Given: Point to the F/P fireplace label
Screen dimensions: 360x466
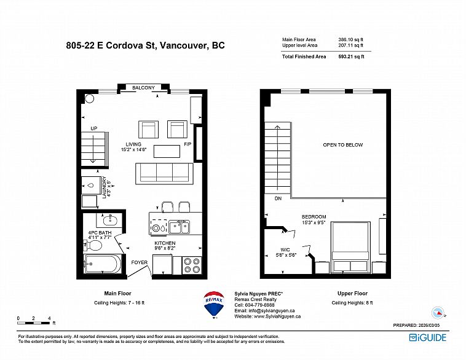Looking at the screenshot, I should click(x=188, y=146).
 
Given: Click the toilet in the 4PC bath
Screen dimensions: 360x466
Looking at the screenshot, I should click(x=95, y=246).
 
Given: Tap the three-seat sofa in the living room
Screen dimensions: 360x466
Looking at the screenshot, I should click(x=164, y=173).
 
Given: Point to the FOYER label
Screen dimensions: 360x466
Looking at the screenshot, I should click(x=139, y=262).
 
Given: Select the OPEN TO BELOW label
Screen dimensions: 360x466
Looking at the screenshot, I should click(x=343, y=145).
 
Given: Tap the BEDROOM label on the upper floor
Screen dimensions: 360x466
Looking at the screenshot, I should click(x=314, y=217).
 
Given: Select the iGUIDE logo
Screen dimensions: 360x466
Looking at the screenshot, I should click(x=428, y=337).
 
